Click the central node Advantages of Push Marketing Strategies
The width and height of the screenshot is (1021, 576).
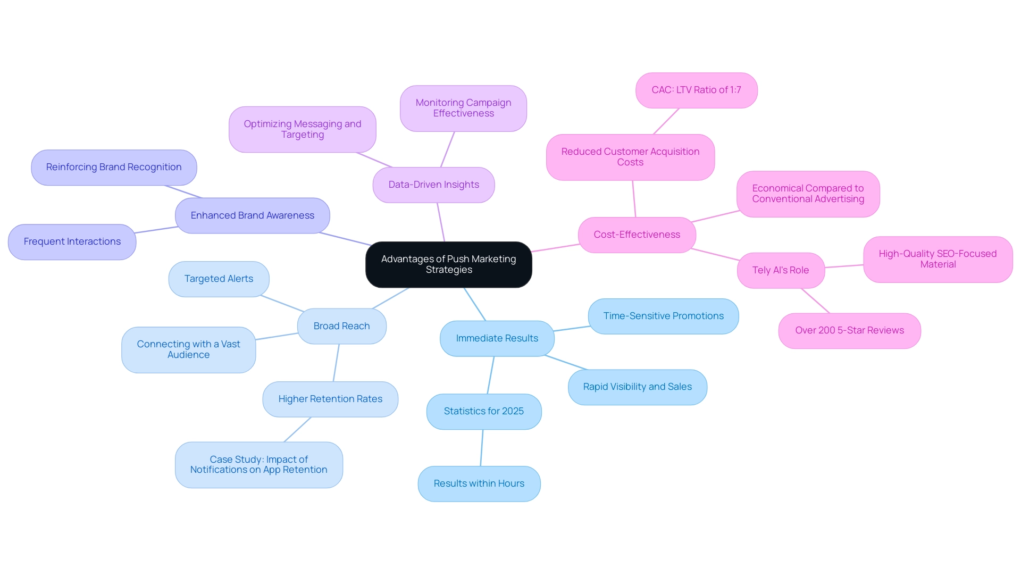448,264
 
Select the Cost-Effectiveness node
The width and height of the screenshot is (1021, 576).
637,235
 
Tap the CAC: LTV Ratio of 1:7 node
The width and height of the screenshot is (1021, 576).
696,90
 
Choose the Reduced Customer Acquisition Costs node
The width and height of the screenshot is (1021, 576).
630,157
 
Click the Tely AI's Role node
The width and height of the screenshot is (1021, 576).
780,270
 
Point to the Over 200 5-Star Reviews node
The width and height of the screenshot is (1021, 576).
849,330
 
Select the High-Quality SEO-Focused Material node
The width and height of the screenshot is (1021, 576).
938,259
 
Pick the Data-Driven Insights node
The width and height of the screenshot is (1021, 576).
433,185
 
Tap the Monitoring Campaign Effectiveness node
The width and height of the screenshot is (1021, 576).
463,108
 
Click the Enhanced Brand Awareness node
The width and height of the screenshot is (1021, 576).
252,215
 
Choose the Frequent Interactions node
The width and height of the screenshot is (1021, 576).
72,241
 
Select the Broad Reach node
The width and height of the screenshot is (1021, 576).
341,326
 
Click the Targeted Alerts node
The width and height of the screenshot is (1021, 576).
219,279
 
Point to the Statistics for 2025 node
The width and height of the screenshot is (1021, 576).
483,411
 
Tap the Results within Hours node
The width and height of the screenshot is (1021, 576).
479,483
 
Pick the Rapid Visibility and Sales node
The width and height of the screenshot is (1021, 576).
637,387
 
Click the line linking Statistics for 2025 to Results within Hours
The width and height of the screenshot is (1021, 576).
482,448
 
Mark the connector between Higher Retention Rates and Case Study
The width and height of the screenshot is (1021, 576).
297,430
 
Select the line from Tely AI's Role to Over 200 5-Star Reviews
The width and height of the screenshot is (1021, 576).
815,300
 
